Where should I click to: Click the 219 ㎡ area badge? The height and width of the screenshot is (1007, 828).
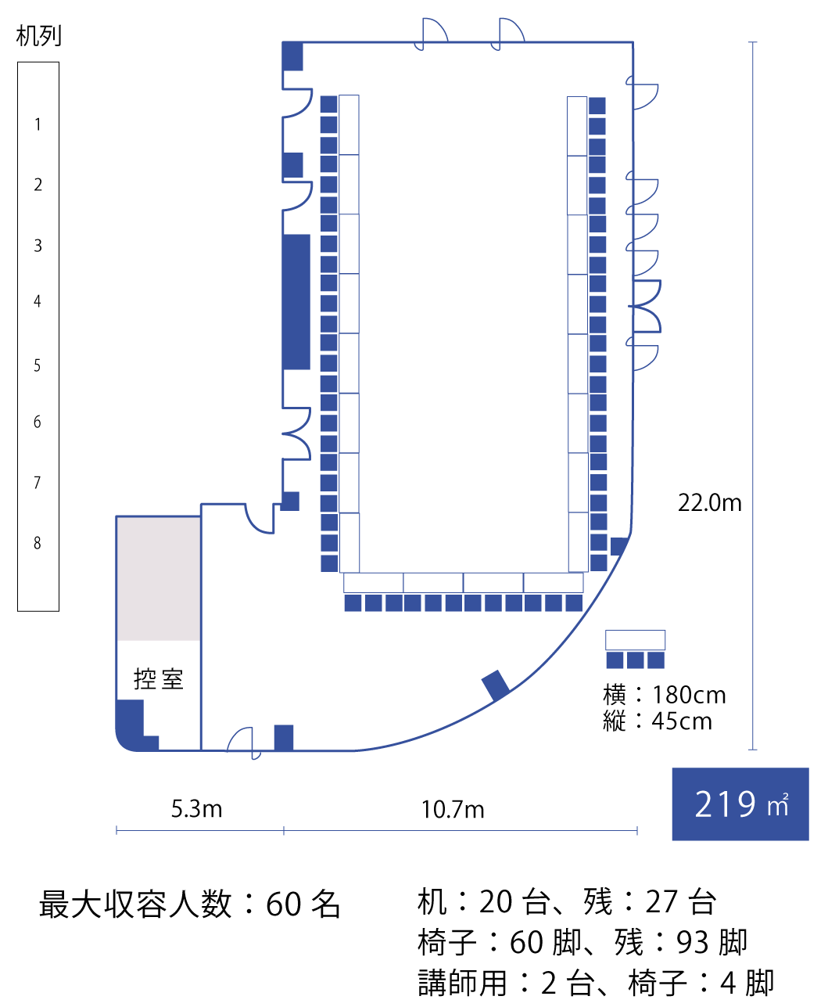click(x=740, y=804)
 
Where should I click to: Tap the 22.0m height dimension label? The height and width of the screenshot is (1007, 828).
click(x=710, y=503)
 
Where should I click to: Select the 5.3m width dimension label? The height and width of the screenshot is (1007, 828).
click(x=196, y=809)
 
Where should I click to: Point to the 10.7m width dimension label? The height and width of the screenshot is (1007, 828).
click(x=453, y=809)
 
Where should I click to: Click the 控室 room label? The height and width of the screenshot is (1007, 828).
click(x=159, y=678)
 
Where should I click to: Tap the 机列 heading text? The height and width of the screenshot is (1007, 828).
click(x=38, y=36)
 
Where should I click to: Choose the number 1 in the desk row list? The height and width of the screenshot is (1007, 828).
click(x=38, y=124)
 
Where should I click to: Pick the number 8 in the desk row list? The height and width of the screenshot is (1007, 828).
click(x=38, y=543)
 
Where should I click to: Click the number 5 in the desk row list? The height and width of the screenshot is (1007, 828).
click(x=38, y=365)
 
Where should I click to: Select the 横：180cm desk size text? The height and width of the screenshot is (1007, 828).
click(x=665, y=696)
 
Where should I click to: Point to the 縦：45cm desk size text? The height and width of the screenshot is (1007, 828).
click(x=658, y=721)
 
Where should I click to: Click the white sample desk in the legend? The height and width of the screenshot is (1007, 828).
click(x=635, y=640)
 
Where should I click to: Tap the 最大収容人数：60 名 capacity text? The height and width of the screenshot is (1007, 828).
click(x=189, y=904)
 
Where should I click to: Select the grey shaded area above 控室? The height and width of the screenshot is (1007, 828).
click(x=159, y=579)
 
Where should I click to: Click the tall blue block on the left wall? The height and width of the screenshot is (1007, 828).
click(x=296, y=302)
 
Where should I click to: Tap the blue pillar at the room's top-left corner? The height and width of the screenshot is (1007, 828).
click(x=292, y=56)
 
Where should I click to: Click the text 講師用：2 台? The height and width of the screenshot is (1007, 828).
click(x=507, y=983)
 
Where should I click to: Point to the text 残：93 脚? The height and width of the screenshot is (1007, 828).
click(x=680, y=942)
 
